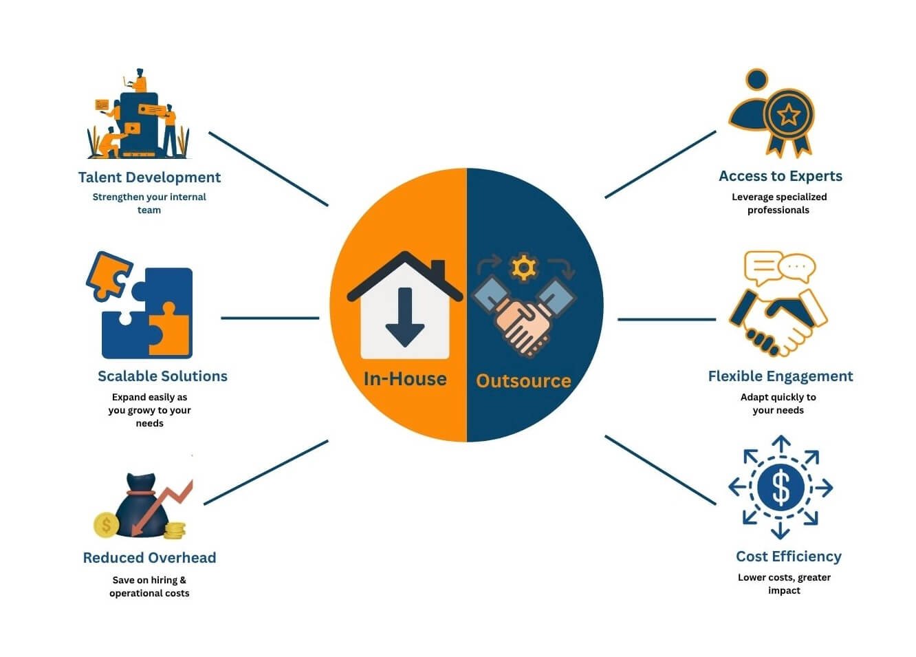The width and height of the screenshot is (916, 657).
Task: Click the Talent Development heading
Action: [149, 177]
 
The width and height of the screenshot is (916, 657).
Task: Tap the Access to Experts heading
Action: [781, 176]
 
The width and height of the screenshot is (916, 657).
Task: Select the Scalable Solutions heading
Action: [162, 376]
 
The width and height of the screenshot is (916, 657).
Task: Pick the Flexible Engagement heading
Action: [781, 376]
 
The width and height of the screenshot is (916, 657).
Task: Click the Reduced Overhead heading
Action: [149, 558]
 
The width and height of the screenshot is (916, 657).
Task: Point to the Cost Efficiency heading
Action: [788, 557]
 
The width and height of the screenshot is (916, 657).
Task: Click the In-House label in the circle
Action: [405, 379]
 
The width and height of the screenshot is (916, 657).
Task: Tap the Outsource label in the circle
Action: [523, 381]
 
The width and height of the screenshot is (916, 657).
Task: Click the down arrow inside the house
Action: [405, 317]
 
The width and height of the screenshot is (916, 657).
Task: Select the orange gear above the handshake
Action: [523, 268]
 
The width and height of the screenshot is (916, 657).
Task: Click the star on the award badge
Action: [788, 115]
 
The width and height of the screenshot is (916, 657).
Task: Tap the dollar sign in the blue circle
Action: [781, 487]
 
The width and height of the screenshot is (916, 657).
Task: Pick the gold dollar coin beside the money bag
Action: [107, 525]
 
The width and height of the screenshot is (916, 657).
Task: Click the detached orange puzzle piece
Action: [109, 276]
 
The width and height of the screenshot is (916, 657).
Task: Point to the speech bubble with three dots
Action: [796, 267]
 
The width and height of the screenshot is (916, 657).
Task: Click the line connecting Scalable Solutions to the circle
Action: [270, 318]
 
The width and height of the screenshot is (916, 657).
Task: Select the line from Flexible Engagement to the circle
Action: [666, 319]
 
